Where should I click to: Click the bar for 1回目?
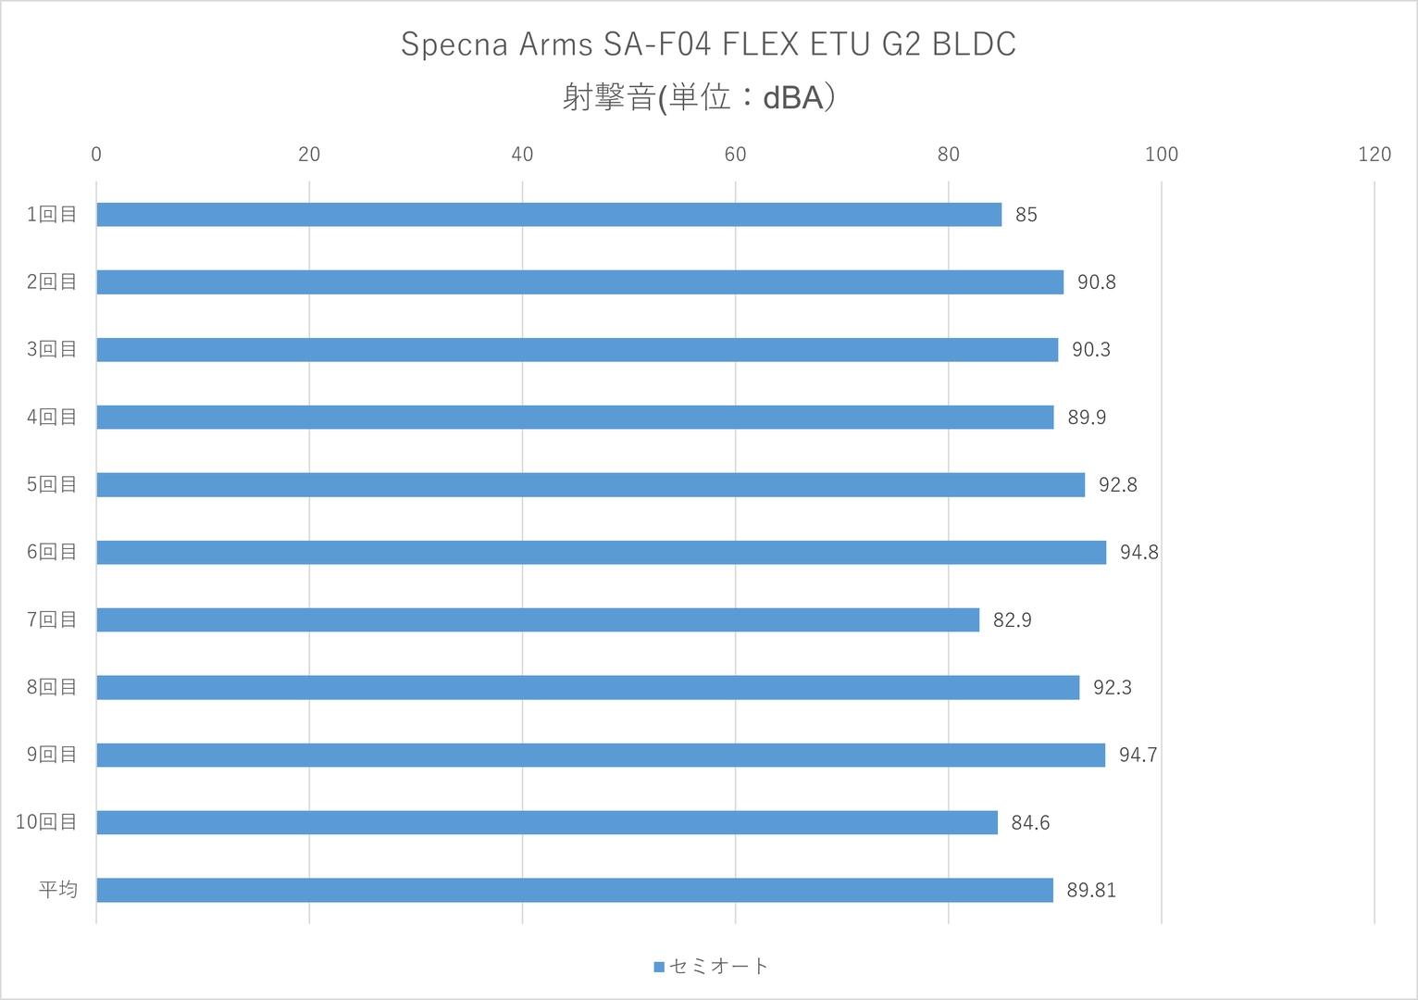(x=549, y=215)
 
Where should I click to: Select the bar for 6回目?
(x=602, y=552)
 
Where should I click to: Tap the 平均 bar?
(x=575, y=890)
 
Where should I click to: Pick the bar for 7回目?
(x=538, y=620)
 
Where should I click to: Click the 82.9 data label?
(x=1013, y=620)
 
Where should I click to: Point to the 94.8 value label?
(x=1139, y=552)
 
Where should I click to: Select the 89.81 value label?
(x=1091, y=891)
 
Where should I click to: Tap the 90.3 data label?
(x=1091, y=350)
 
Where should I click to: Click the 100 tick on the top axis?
(x=1162, y=155)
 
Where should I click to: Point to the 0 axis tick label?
(x=96, y=155)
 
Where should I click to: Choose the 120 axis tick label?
(x=1374, y=155)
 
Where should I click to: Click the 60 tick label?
(x=736, y=155)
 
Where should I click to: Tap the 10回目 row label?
(x=46, y=822)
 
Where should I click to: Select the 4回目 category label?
(x=52, y=417)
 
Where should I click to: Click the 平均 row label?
(x=58, y=890)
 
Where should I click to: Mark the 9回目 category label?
(x=52, y=755)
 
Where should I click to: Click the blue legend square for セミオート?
(x=659, y=967)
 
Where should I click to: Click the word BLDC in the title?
(x=974, y=44)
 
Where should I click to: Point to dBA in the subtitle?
(x=792, y=98)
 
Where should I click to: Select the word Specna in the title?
(x=454, y=44)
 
